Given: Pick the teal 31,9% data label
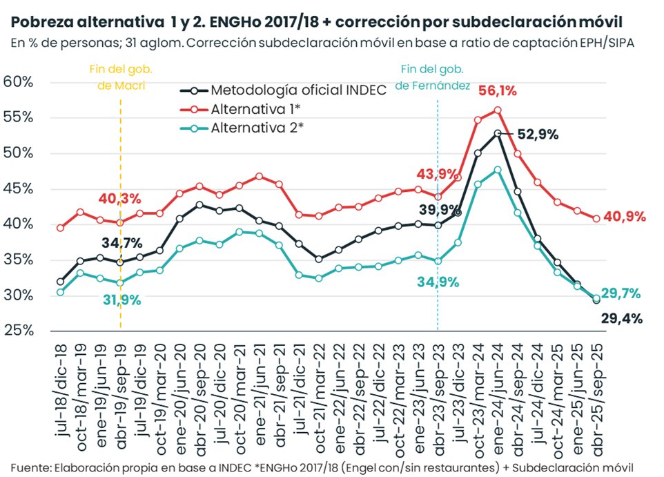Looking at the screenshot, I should point(123,300).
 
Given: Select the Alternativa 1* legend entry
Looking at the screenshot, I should point(257,109).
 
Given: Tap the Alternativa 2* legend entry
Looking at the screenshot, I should point(257,128).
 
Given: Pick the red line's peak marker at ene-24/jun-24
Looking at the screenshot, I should point(498,110).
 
